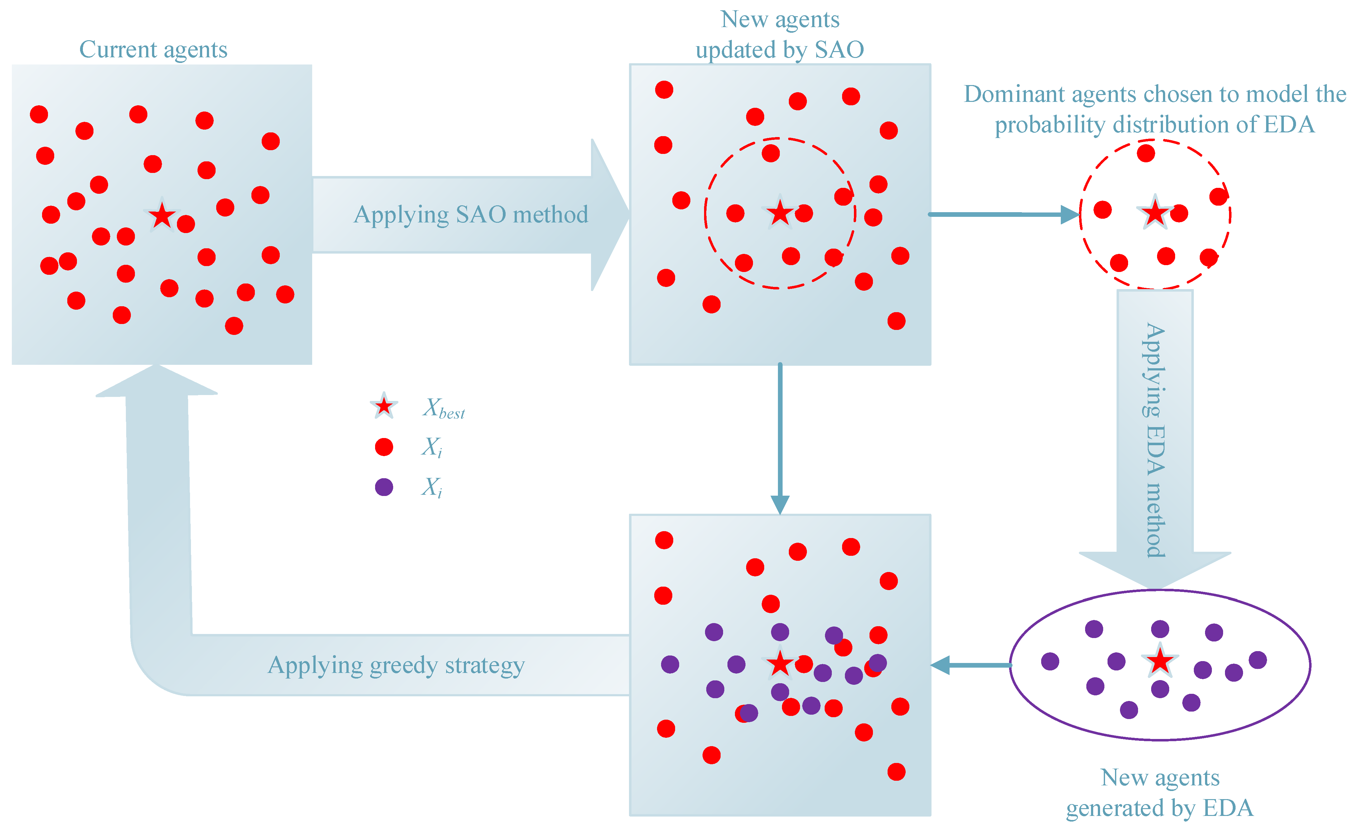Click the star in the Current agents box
pos(162,215)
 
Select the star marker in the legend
pos(384,407)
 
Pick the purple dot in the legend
pos(384,487)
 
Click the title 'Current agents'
pos(153,50)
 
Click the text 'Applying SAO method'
pos(470,215)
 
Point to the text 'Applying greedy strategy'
pos(396,665)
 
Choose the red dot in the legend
pos(384,447)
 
